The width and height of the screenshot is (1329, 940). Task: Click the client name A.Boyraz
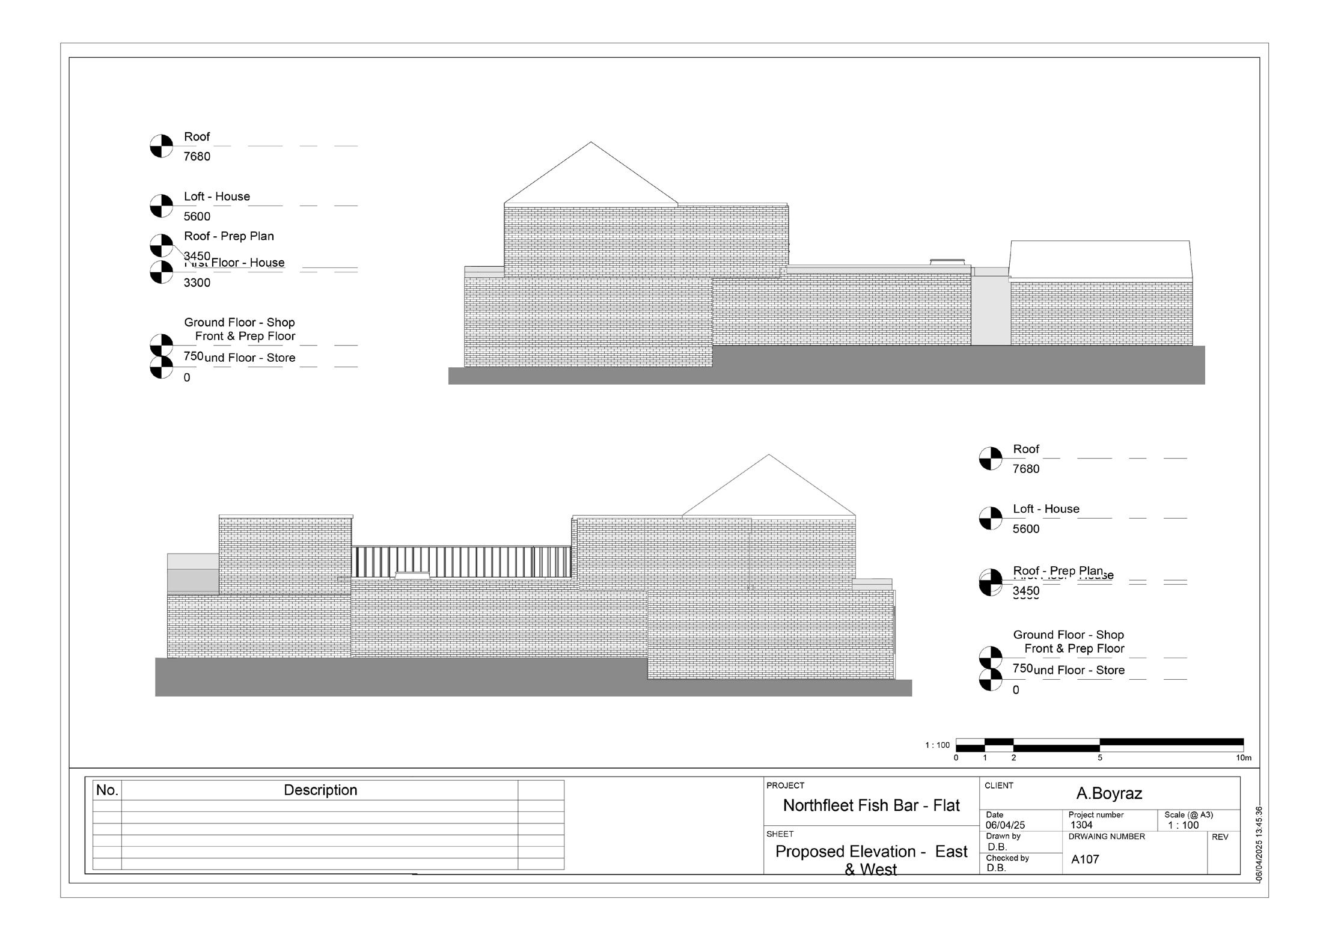[x=1109, y=793]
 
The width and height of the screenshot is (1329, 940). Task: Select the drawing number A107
[x=1085, y=859]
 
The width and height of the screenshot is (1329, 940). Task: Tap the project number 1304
[x=1081, y=825]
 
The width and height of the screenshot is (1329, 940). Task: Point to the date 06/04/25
[x=1005, y=825]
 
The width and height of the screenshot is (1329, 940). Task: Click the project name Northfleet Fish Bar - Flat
[x=871, y=805]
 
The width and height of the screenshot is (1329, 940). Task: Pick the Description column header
[x=320, y=790]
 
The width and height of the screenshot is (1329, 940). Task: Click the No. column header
[x=107, y=790]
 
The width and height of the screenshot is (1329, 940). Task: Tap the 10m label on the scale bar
[x=1244, y=758]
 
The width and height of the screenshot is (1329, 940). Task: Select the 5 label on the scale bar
[x=1100, y=758]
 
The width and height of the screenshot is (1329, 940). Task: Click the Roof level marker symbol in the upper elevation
[x=161, y=146]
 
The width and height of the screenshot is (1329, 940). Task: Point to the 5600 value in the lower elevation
[x=1026, y=529]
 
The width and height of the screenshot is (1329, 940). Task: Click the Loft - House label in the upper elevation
[x=217, y=197]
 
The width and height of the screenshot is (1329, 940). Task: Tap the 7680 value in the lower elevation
[x=1026, y=469]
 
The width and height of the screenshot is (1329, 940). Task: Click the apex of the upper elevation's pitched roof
[x=591, y=142]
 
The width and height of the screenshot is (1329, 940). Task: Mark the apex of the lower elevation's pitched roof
[x=769, y=455]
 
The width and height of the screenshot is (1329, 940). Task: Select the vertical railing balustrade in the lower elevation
[x=461, y=562]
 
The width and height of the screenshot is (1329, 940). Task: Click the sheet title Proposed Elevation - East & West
[x=871, y=860]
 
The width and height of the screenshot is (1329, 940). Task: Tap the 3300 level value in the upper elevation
[x=197, y=282]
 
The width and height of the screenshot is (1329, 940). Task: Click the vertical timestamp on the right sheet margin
[x=1259, y=844]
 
